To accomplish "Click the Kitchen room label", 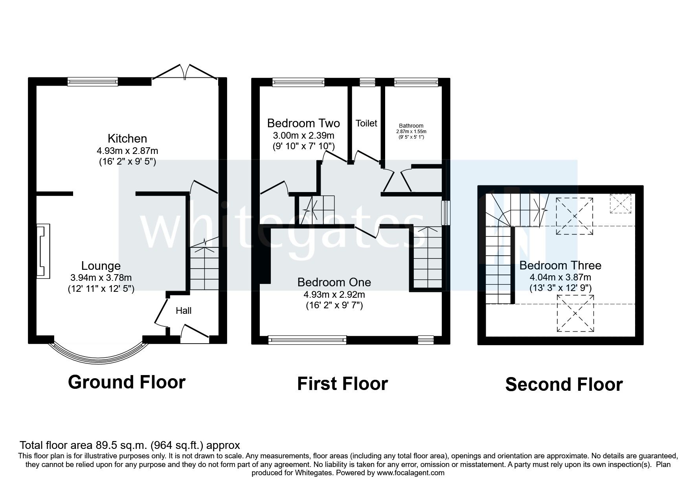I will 127,139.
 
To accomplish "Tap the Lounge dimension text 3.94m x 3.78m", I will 101,278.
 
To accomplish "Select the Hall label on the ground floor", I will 184,311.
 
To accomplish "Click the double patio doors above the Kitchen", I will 185,73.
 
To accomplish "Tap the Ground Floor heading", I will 127,382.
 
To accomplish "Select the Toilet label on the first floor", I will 366,123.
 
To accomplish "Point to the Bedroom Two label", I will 303,123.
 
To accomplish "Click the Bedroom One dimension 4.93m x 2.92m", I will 334,294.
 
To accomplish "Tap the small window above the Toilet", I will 367,82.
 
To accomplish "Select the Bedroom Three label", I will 560,265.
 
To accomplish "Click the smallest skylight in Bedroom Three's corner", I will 620,203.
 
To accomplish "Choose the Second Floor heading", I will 564,384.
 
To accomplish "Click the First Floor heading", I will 342,383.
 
